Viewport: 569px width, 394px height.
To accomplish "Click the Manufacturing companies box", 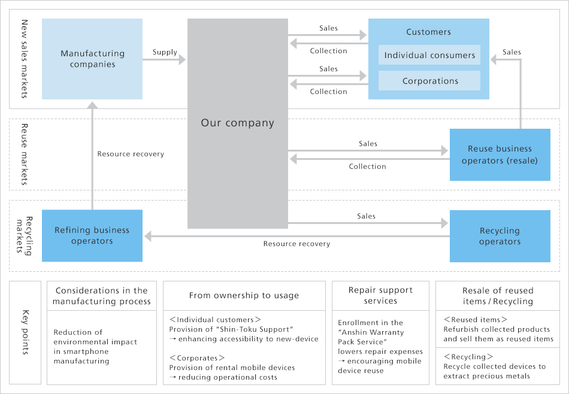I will (92, 59).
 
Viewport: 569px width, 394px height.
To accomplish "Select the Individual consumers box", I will (429, 55).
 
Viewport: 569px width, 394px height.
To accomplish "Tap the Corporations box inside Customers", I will (429, 81).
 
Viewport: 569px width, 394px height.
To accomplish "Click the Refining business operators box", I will (92, 235).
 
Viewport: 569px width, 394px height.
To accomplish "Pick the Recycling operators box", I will (500, 236).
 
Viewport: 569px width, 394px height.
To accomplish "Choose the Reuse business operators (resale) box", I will (500, 154).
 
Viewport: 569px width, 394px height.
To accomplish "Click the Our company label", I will (237, 123).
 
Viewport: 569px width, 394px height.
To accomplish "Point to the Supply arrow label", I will (165, 52).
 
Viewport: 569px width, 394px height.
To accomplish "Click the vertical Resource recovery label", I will (131, 154).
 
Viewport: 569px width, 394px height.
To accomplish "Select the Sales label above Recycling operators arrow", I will (366, 216).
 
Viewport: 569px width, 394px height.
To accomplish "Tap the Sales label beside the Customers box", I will (512, 52).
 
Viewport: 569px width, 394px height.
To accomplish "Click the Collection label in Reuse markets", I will (367, 166).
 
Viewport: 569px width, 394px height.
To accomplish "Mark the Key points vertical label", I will (25, 332).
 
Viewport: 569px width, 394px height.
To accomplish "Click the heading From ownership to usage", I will (244, 295).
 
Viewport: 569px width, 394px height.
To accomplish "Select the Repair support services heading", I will (380, 295).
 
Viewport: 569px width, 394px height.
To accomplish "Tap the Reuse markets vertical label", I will (25, 154).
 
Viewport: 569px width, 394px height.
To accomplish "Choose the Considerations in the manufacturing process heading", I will (102, 296).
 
